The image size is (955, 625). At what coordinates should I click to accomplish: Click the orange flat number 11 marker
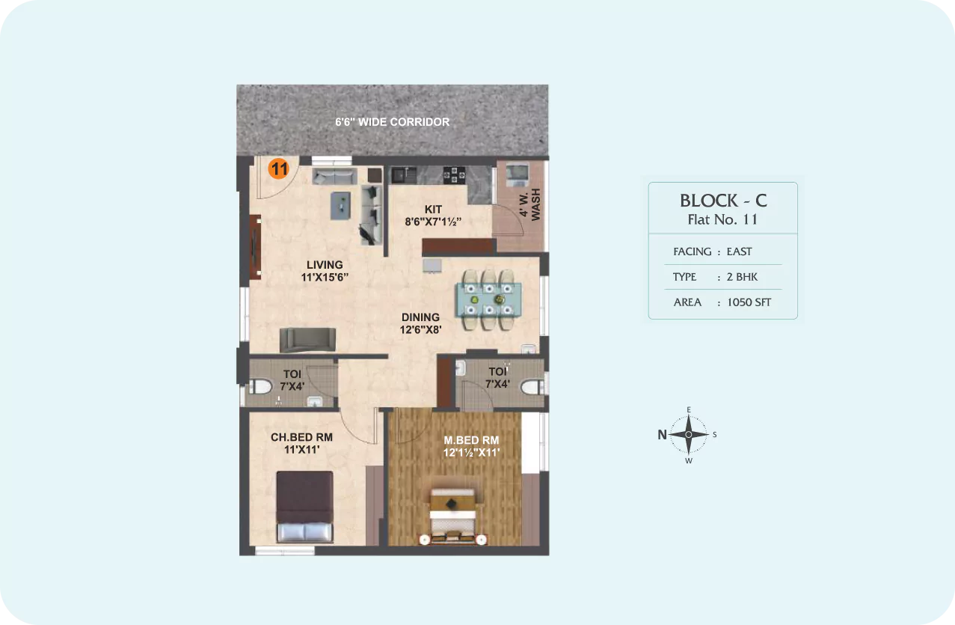tap(279, 168)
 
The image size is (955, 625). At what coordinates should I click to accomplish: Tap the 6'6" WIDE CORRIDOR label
tap(392, 122)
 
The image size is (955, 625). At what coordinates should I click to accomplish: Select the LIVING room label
tap(325, 264)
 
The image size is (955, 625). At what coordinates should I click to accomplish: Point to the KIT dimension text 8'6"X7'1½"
tap(433, 222)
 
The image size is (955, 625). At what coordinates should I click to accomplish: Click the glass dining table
tap(488, 300)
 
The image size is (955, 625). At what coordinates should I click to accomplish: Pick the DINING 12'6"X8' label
tap(421, 323)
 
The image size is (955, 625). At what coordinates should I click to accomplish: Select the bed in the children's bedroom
tap(305, 507)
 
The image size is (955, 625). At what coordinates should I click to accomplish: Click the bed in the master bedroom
tap(452, 516)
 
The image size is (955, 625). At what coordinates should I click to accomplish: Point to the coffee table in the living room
tap(341, 206)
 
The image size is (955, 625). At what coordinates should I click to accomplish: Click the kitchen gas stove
tap(454, 175)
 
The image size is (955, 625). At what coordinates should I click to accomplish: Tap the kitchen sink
tap(404, 175)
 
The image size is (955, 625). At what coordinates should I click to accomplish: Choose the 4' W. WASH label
tap(529, 204)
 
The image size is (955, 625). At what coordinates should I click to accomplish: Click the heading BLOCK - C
tap(723, 201)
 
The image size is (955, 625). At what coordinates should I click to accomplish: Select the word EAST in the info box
tap(740, 251)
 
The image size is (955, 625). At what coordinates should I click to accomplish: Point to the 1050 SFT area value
tap(749, 302)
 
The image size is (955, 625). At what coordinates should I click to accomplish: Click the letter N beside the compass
tap(662, 435)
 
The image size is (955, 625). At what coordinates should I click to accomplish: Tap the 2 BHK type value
tap(743, 277)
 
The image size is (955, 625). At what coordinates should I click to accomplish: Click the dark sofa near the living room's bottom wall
tap(307, 340)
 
